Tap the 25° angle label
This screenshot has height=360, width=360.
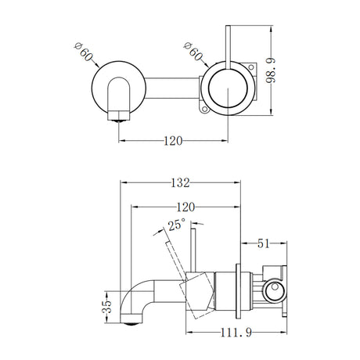tap(175, 226)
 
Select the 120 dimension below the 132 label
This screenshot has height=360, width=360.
tap(185, 208)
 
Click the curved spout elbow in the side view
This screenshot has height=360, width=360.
tap(135, 296)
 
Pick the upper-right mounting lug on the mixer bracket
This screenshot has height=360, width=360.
tap(249, 68)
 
